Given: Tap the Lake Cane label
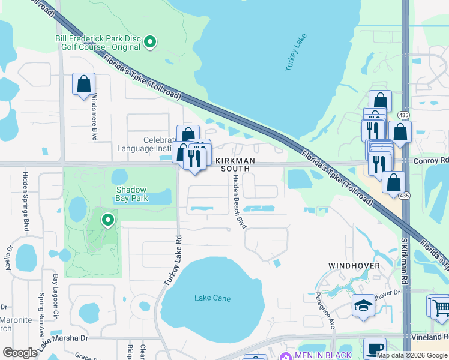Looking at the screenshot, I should (x=210, y=298).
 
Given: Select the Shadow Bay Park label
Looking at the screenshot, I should (x=131, y=193).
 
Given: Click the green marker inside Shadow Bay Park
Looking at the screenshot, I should (x=108, y=220).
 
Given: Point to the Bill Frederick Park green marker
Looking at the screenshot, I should (x=151, y=41).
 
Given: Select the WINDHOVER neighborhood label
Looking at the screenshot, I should (x=354, y=265).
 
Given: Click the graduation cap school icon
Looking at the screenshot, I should (x=363, y=306).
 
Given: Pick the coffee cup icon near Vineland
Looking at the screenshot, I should (x=375, y=349).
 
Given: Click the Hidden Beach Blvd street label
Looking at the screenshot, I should (x=240, y=202).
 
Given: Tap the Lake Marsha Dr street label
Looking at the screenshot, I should (x=62, y=341).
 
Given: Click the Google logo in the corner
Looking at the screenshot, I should (x=20, y=353).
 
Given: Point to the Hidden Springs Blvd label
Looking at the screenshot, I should (x=26, y=202).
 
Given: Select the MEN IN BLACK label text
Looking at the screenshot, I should (x=323, y=355).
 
